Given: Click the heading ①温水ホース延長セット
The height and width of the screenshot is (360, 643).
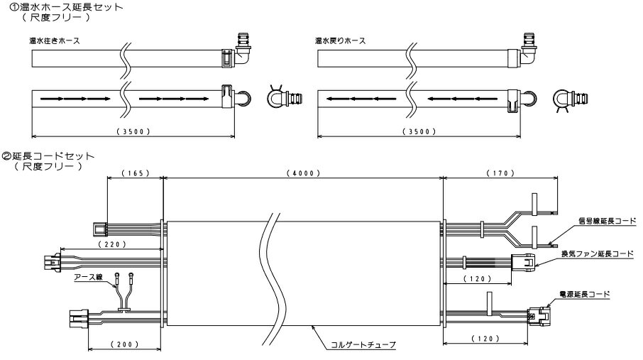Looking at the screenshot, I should tap(63, 6).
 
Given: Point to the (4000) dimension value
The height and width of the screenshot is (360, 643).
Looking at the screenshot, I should tap(303, 173).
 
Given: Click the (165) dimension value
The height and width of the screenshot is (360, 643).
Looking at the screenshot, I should tap(134, 173).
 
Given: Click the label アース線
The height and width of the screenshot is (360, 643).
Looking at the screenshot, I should tap(90, 279).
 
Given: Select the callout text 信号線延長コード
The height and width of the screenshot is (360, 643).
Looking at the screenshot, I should tap(603, 220).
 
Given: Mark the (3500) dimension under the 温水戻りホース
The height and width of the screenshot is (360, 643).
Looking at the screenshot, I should tap(423, 131).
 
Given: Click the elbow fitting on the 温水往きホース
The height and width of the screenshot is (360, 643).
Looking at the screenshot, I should tap(243, 51).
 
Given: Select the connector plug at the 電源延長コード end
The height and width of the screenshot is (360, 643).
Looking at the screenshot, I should tap(543, 313).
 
